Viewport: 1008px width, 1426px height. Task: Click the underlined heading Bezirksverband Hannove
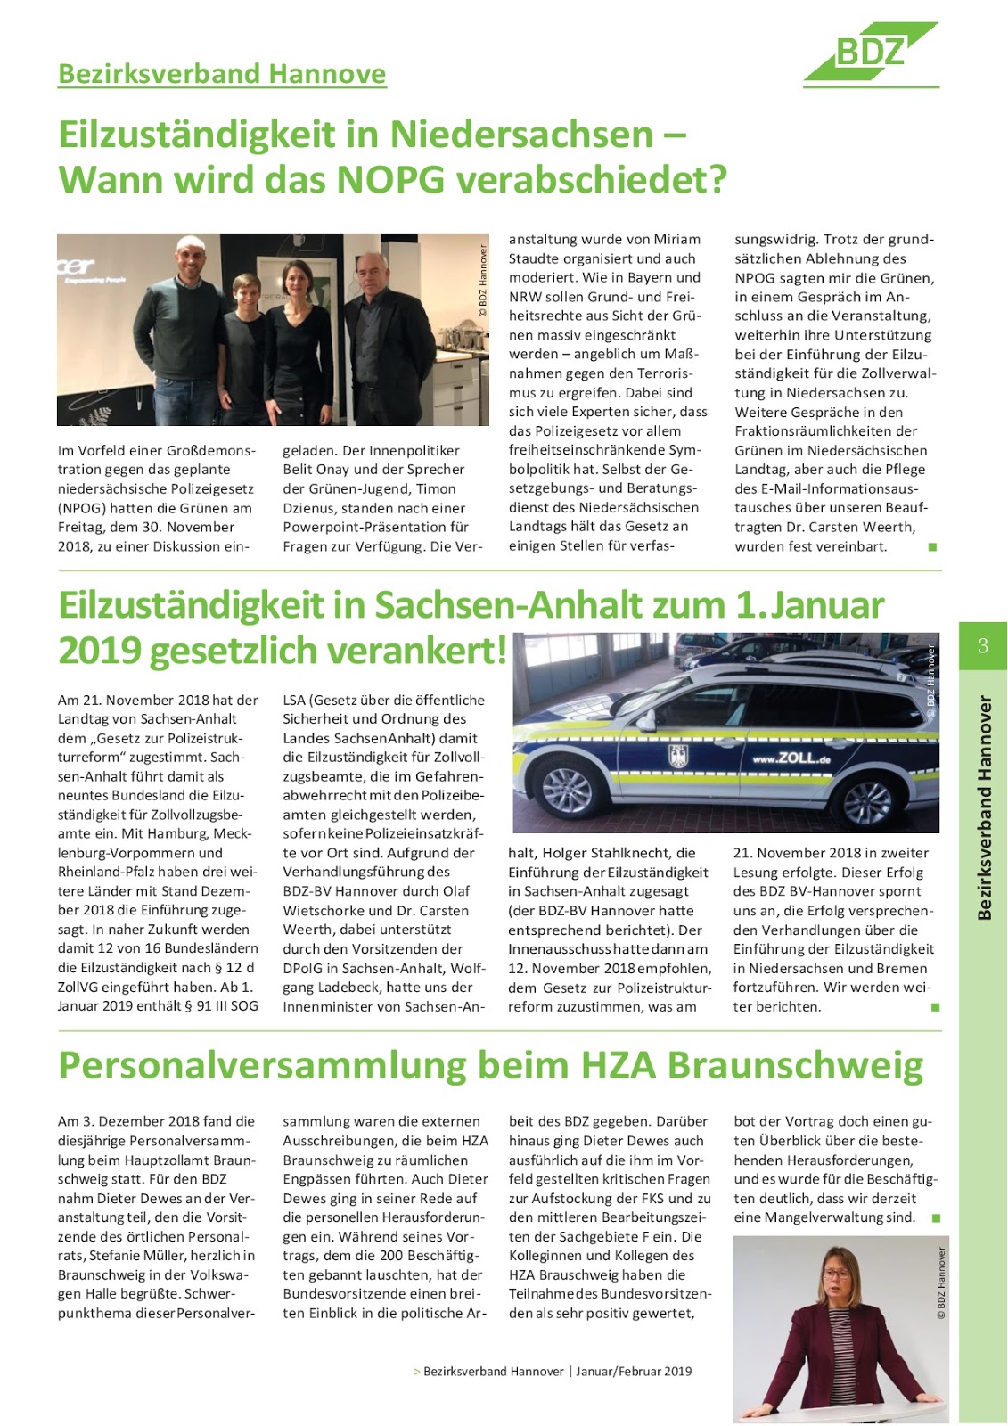[222, 73]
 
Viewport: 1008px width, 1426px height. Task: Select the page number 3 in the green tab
[982, 646]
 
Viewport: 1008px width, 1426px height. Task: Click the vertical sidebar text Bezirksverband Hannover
[984, 807]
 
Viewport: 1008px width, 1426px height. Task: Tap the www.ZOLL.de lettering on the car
[791, 759]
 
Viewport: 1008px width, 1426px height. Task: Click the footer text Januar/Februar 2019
[634, 1372]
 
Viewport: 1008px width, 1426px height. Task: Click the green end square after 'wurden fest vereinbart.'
[932, 547]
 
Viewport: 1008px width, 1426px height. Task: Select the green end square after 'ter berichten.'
[935, 1007]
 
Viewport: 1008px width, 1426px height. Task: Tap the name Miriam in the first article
[678, 240]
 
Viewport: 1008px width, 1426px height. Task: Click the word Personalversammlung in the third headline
[262, 1066]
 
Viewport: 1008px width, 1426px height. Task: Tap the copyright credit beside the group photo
[483, 281]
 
